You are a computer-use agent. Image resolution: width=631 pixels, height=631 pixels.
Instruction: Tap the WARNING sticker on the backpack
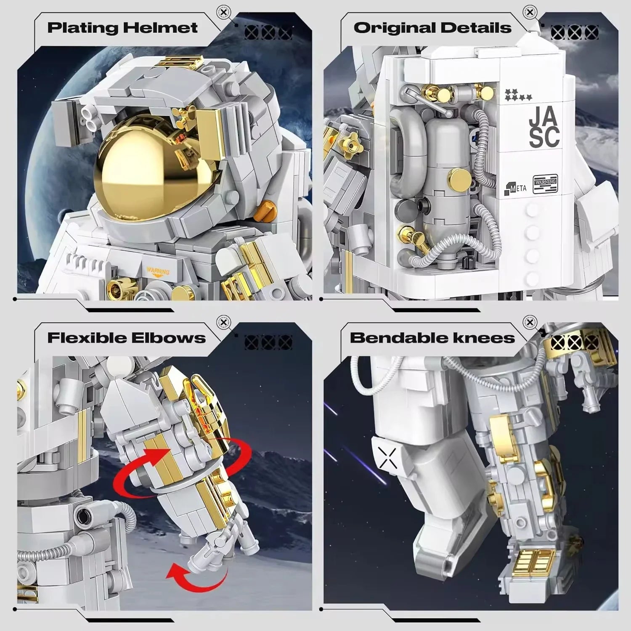tap(545, 184)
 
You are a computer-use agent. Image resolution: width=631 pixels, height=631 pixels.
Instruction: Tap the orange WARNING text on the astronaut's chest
tap(158, 271)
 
